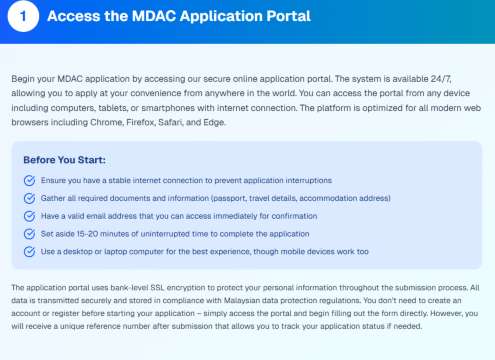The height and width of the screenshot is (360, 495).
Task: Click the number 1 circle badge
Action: coord(24,17)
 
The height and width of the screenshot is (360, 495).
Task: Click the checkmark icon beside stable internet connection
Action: coord(29,180)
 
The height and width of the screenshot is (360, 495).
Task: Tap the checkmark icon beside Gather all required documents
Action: coord(29,198)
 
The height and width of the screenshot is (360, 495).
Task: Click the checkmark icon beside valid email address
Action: coord(29,215)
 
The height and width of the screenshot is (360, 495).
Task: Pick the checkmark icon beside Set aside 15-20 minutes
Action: coord(29,232)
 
